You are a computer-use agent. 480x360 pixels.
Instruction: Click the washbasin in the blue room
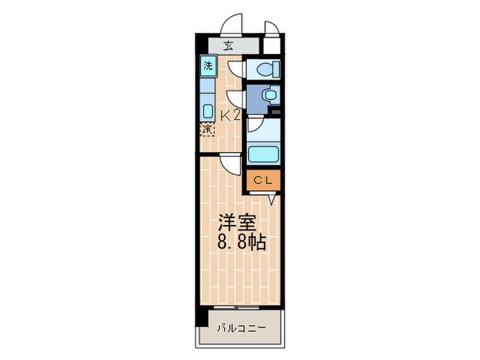[x=267, y=95]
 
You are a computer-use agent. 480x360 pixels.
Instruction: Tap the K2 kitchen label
[x=230, y=115]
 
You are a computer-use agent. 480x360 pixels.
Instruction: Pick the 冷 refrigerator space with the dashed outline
[x=207, y=128]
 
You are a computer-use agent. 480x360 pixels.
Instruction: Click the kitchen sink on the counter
[x=207, y=110]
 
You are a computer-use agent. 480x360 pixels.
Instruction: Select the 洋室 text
[x=237, y=222]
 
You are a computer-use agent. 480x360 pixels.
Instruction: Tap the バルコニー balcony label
[x=241, y=328]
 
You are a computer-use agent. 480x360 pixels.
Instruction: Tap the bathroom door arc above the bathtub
[x=254, y=125]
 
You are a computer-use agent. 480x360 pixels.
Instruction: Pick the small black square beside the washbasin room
[x=276, y=110]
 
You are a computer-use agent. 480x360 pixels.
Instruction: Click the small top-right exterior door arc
[x=270, y=28]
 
